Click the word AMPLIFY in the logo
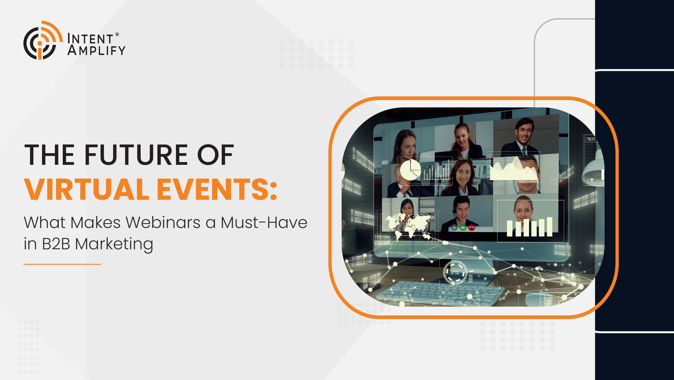(96, 50)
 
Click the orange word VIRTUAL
(86, 189)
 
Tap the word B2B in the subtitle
(56, 244)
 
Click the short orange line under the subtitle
(62, 264)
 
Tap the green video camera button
(463, 228)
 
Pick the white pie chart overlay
(410, 170)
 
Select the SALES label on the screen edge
(591, 140)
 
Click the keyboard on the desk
(439, 293)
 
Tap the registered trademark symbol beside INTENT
(117, 34)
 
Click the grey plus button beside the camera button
(454, 228)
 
